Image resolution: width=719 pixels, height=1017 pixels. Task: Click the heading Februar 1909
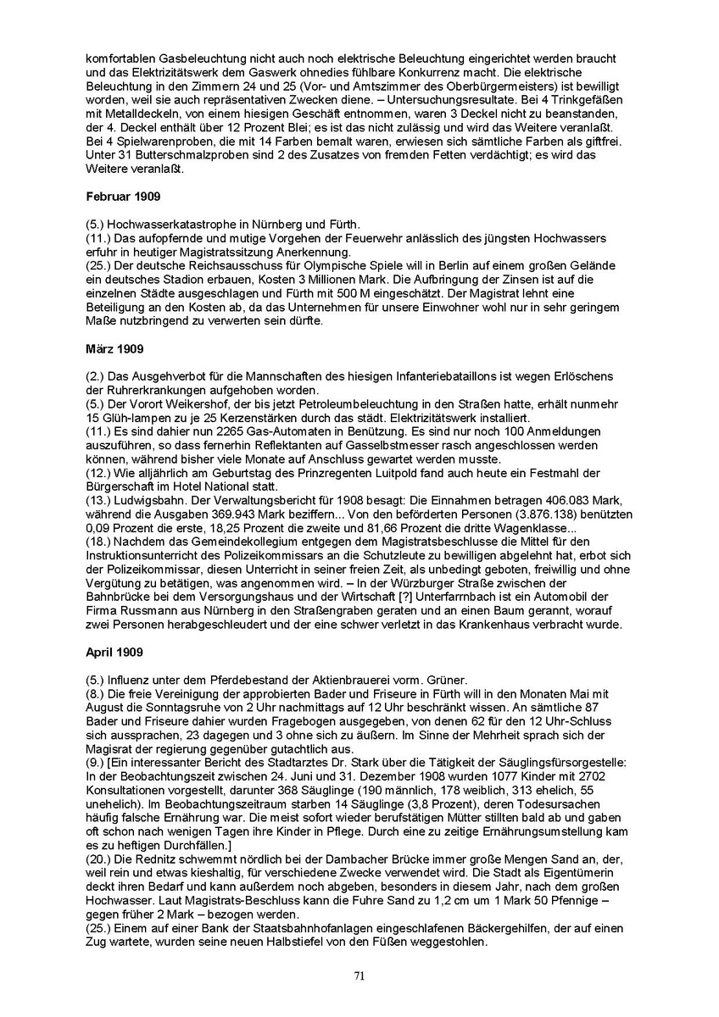[118, 195]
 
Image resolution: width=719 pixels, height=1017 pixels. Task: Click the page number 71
[359, 976]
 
